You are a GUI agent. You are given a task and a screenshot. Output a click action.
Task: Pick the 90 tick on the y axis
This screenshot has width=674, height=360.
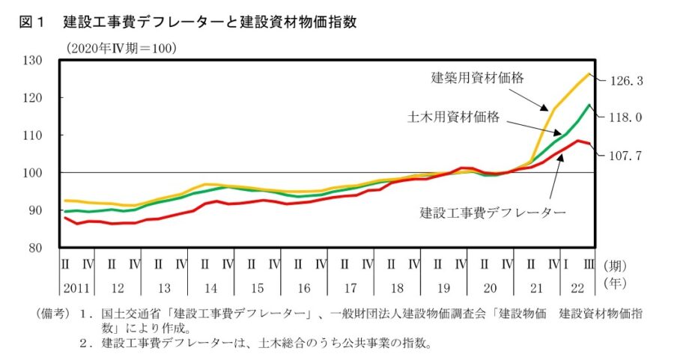pyautogui.click(x=43, y=210)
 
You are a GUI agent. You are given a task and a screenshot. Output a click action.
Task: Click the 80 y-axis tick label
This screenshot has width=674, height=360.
pyautogui.click(x=43, y=248)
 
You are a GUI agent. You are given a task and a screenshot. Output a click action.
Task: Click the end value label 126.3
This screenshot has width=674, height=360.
pyautogui.click(x=625, y=81)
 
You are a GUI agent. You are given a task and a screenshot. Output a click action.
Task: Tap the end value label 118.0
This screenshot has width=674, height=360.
pyautogui.click(x=625, y=118)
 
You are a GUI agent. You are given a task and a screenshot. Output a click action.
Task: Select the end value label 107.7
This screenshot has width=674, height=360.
pyautogui.click(x=625, y=155)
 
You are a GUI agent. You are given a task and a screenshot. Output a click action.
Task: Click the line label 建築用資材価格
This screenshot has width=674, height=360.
pyautogui.click(x=476, y=78)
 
